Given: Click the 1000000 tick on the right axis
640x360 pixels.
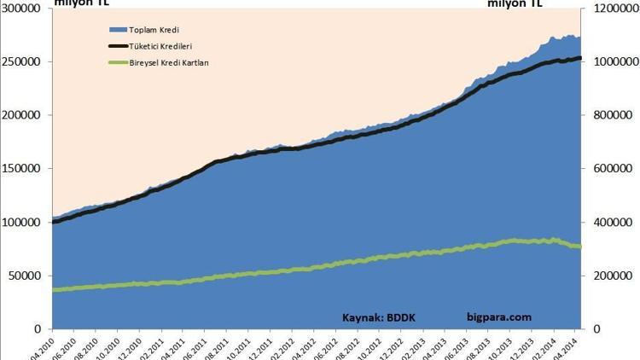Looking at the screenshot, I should click(611, 62).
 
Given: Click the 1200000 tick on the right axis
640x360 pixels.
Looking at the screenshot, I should click(611, 9).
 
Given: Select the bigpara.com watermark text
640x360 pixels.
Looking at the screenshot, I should click(499, 317).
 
